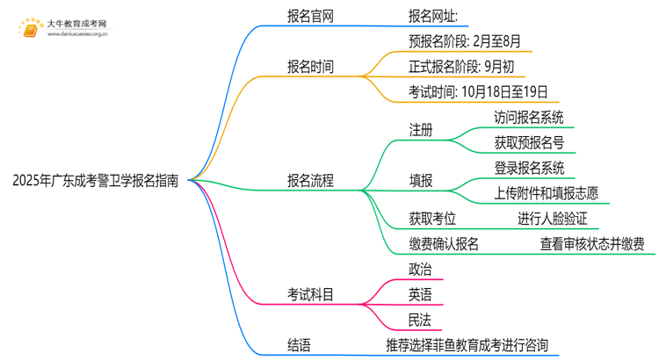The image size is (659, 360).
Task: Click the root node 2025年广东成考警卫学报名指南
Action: pyautogui.click(x=96, y=181)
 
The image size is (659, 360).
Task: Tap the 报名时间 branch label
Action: pyautogui.click(x=310, y=67)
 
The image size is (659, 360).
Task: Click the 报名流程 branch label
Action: pyautogui.click(x=310, y=181)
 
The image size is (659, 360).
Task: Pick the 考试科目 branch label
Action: pyautogui.click(x=310, y=295)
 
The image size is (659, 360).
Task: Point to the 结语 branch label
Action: pyautogui.click(x=299, y=345)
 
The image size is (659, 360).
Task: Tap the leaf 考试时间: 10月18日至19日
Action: pyautogui.click(x=478, y=91)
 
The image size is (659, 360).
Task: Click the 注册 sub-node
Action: pyautogui.click(x=421, y=130)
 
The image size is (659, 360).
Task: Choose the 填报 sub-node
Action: pyautogui.click(x=421, y=181)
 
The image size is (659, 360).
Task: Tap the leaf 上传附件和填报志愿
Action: pyautogui.click(x=547, y=193)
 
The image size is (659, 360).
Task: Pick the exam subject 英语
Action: pyautogui.click(x=420, y=295)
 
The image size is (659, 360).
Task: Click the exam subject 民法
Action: pyautogui.click(x=420, y=320)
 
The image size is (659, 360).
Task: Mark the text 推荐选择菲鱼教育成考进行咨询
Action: pyautogui.click(x=472, y=345)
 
